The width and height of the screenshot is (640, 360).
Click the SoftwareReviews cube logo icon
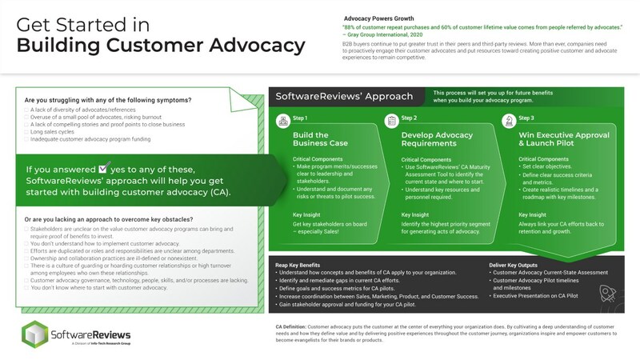click(34, 334)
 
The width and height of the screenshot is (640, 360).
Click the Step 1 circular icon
click(281, 121)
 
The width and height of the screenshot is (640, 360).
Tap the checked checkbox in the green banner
click(103, 169)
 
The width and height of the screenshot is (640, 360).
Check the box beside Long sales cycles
click(28, 131)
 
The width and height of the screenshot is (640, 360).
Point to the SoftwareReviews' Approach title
click(344, 97)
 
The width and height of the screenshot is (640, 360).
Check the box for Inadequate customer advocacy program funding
click(28, 139)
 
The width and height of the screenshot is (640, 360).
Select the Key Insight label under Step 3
click(537, 215)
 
